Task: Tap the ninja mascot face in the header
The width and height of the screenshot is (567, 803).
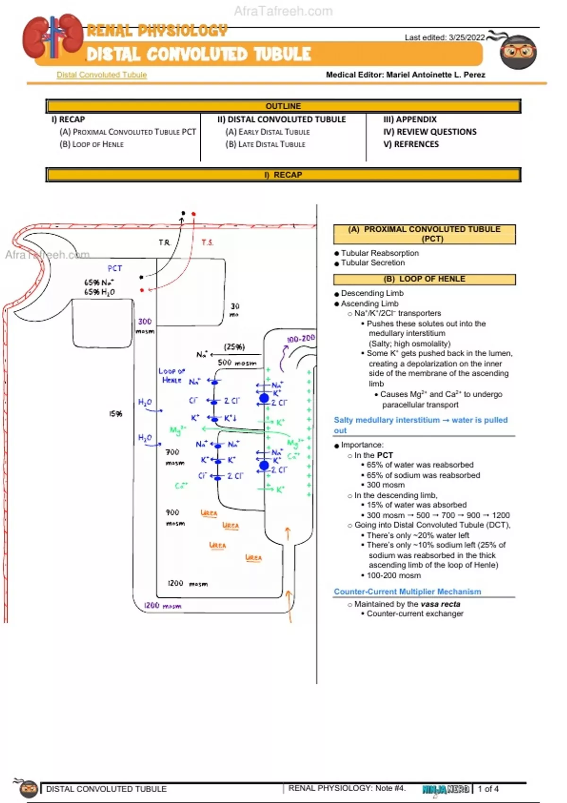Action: pyautogui.click(x=518, y=51)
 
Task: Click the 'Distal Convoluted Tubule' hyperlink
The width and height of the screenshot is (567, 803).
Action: pyautogui.click(x=102, y=75)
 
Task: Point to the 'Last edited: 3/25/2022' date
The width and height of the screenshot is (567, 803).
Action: pyautogui.click(x=444, y=37)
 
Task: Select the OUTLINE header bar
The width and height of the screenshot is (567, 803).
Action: pyautogui.click(x=283, y=106)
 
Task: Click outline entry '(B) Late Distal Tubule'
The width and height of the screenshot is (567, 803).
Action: pyautogui.click(x=265, y=144)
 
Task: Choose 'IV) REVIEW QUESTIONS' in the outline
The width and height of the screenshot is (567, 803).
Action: pyautogui.click(x=430, y=132)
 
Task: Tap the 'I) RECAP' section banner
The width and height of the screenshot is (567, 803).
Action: pyautogui.click(x=283, y=175)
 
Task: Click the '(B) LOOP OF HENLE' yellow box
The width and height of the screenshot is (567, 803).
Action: pyautogui.click(x=424, y=279)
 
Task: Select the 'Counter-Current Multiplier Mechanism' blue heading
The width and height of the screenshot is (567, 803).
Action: pyautogui.click(x=407, y=591)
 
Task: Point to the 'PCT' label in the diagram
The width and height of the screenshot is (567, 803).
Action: pyautogui.click(x=114, y=268)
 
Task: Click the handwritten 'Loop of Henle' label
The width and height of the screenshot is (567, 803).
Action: pyautogui.click(x=171, y=376)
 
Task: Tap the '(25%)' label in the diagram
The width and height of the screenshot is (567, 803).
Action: pyautogui.click(x=234, y=347)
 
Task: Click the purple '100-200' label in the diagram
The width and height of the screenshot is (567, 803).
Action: pyautogui.click(x=301, y=339)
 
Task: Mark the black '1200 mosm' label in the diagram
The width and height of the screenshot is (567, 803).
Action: pyautogui.click(x=187, y=583)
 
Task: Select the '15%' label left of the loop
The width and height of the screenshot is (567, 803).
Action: pyautogui.click(x=116, y=414)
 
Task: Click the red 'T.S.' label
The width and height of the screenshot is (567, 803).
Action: pyautogui.click(x=207, y=242)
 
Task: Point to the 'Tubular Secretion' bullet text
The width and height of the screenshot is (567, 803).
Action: pyautogui.click(x=373, y=263)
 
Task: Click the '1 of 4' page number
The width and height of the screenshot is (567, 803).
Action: pyautogui.click(x=488, y=789)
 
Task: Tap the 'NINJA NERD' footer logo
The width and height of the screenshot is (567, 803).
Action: pyautogui.click(x=446, y=789)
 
